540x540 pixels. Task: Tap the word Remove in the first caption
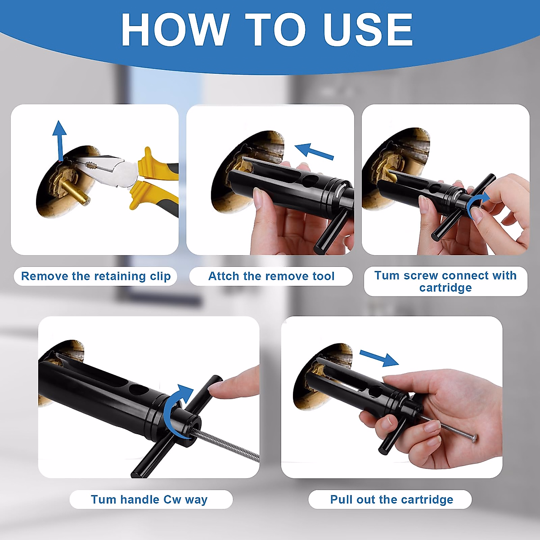click(x=45, y=276)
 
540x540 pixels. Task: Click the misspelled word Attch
click(x=224, y=276)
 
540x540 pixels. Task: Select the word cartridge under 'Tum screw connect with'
click(x=445, y=288)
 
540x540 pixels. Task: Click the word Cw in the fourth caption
click(x=172, y=500)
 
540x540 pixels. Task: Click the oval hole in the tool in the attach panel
click(x=310, y=180)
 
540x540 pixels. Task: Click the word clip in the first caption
click(x=160, y=276)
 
